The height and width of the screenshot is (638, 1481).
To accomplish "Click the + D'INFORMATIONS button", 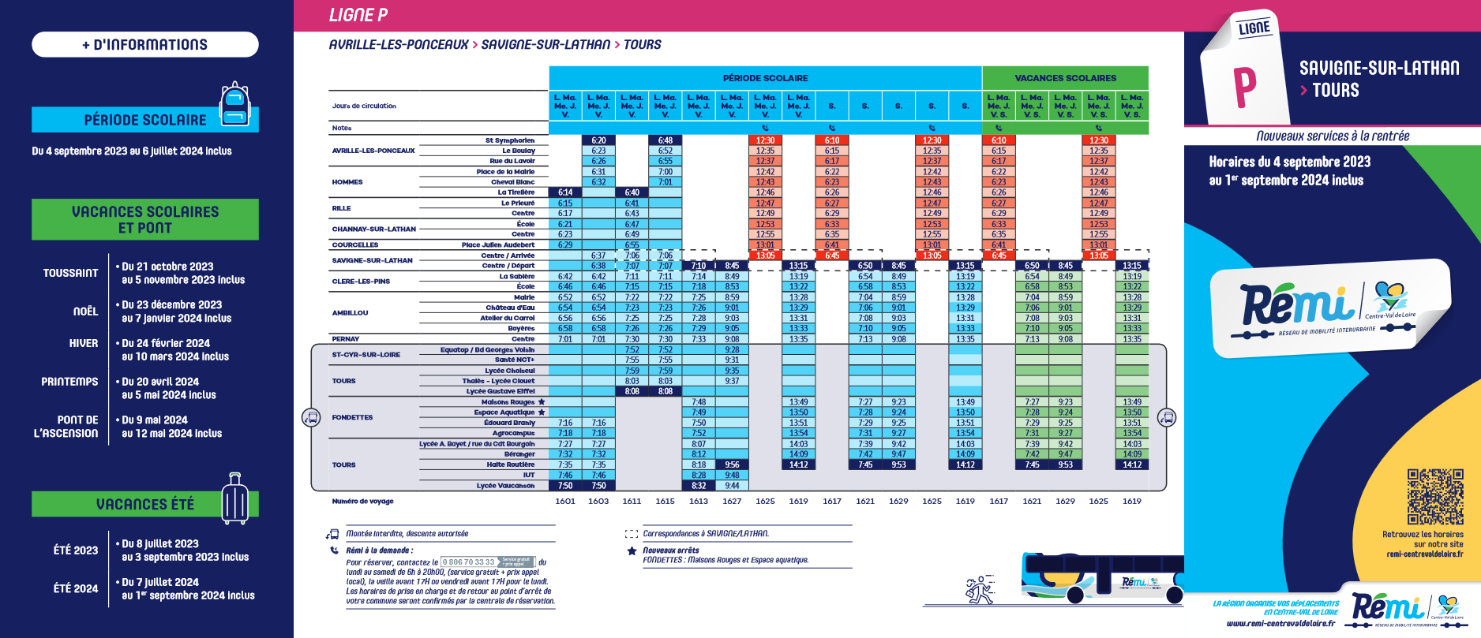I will pyautogui.click(x=145, y=45).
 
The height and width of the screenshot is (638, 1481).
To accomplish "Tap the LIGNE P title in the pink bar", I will pyautogui.click(x=358, y=15).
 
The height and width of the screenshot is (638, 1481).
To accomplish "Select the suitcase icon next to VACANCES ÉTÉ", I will pyautogui.click(x=234, y=499).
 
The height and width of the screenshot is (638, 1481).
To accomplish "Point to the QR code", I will pyautogui.click(x=1435, y=497).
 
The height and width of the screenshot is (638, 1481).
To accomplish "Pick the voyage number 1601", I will pyautogui.click(x=565, y=501).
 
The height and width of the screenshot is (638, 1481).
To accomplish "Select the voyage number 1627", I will pyautogui.click(x=732, y=501).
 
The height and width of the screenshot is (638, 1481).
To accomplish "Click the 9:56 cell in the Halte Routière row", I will pyautogui.click(x=732, y=465).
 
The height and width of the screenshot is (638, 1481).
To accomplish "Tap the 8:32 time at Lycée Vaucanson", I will pyautogui.click(x=699, y=486).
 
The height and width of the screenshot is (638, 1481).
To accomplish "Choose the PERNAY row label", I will pyautogui.click(x=346, y=339).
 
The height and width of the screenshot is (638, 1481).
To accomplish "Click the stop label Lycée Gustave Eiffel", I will pyautogui.click(x=501, y=391).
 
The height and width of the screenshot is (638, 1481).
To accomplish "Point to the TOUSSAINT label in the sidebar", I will pyautogui.click(x=71, y=273).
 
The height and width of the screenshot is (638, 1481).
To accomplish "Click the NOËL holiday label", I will pyautogui.click(x=85, y=312).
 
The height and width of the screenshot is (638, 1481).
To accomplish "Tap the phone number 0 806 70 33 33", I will pyautogui.click(x=469, y=562).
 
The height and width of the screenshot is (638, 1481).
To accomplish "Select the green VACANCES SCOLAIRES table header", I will pyautogui.click(x=1065, y=78).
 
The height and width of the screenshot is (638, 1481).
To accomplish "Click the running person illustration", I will pyautogui.click(x=980, y=590).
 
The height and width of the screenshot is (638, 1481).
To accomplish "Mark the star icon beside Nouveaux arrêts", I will pyautogui.click(x=632, y=551).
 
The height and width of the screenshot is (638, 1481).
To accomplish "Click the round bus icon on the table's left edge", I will pyautogui.click(x=311, y=417).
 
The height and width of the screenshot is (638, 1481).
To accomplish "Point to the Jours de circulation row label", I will pyautogui.click(x=364, y=106).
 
